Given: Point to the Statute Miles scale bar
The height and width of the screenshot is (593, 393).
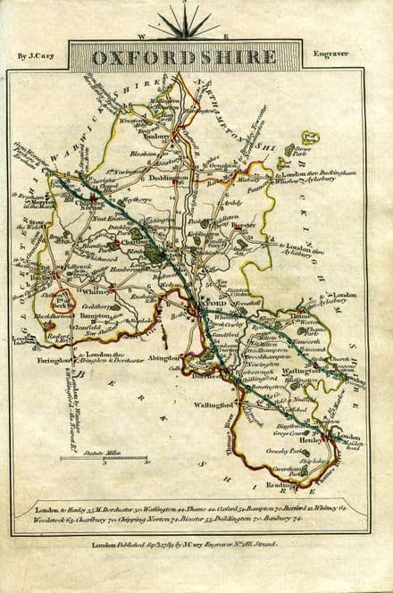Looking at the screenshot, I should [105, 459].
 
